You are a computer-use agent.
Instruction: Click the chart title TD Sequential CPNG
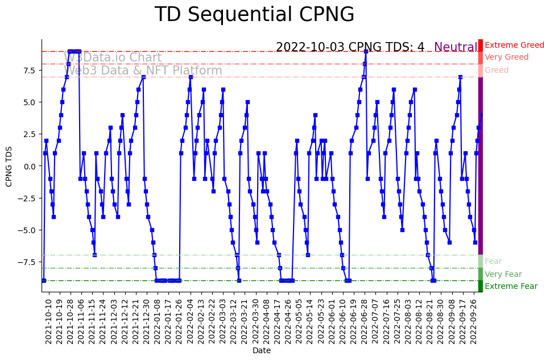point(254,15)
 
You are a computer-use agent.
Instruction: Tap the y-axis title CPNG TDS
point(9,165)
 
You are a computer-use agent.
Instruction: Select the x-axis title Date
point(262,351)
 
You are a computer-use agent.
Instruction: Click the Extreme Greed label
point(514,45)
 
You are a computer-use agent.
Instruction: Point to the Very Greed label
point(506,57)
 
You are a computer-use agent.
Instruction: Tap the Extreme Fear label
point(511,287)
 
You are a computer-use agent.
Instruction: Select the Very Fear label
point(503,275)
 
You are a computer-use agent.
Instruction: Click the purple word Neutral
point(456,47)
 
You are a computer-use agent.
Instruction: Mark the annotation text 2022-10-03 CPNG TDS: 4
point(350,47)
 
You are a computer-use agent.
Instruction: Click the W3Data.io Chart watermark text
point(113,57)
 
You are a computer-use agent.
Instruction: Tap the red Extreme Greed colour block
point(481,45)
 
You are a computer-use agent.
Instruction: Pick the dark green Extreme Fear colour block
point(481,286)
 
